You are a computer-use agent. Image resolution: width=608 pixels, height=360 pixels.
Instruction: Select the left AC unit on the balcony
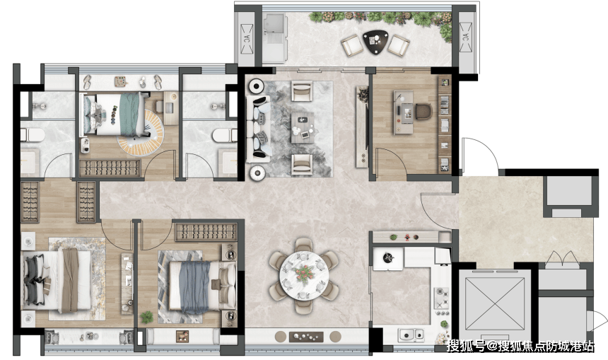[x=247, y=39]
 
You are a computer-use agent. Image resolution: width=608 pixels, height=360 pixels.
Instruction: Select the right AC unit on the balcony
[x=465, y=37]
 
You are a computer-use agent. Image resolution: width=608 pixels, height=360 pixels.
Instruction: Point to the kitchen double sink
[x=411, y=335]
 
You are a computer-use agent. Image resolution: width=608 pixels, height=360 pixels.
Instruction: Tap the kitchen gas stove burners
[x=441, y=298]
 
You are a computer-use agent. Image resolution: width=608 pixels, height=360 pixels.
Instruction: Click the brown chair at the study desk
[x=423, y=112]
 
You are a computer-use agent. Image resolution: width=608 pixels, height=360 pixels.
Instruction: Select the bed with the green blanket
[x=114, y=114]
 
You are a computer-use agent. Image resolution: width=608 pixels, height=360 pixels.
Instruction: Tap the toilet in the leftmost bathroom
[x=33, y=135]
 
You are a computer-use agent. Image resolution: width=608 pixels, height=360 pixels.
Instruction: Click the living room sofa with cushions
[x=259, y=129]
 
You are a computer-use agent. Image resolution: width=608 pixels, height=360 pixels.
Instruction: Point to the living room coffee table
[x=303, y=127]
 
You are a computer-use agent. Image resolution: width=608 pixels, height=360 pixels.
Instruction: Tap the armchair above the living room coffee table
[x=302, y=91]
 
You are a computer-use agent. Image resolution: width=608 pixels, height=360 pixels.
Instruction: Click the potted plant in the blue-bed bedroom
[x=146, y=318]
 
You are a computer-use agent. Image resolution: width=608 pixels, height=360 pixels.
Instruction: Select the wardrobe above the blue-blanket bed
[x=206, y=231]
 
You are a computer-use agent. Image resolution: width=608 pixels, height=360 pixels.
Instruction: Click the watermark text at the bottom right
[x=520, y=346]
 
